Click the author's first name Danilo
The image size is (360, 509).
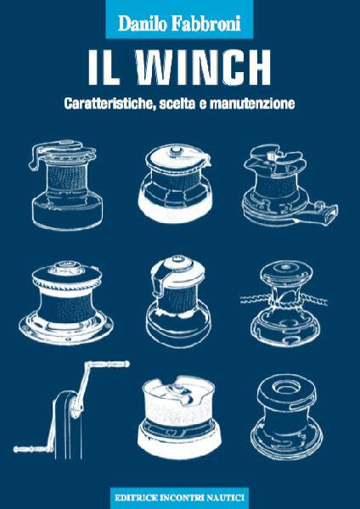tap(142, 24)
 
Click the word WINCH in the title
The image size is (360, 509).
tap(204, 68)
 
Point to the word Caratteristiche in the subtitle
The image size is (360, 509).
tap(109, 103)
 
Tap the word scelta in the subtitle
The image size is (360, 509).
tap(177, 103)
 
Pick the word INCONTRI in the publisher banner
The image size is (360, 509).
tap(182, 498)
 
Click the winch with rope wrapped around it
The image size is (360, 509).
tap(284, 303)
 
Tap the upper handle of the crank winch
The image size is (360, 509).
tap(107, 364)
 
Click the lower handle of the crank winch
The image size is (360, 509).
tap(33, 449)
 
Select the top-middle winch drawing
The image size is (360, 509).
tap(177, 184)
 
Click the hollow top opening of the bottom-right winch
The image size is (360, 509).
tap(286, 387)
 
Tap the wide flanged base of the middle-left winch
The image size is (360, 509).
tap(66, 327)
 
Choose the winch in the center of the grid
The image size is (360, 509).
tap(178, 301)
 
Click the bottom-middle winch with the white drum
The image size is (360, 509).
tap(179, 417)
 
